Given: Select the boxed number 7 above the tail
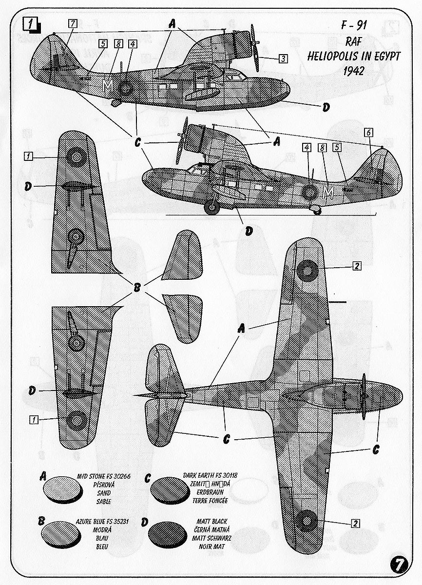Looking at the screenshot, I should [x=72, y=23].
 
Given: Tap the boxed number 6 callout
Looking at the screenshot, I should [x=368, y=133].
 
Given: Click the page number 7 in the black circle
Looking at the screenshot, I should [x=399, y=564].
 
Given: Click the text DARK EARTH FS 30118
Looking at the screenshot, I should [x=210, y=475].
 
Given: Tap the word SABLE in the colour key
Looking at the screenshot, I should [x=104, y=501].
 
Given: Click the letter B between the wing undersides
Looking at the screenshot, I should [x=137, y=288].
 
